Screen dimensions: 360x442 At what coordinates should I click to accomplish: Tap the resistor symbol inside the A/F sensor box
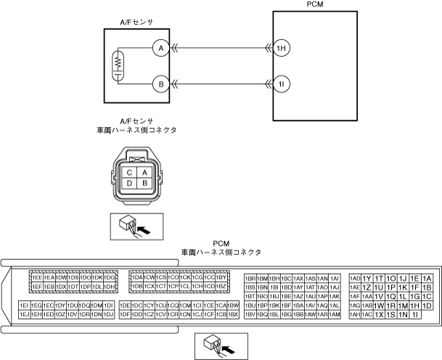click(117, 66)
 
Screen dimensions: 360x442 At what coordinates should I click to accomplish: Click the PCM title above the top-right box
click(315, 5)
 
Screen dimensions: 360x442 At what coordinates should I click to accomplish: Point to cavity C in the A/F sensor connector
click(129, 171)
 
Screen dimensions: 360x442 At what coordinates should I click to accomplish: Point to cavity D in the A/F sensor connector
click(129, 184)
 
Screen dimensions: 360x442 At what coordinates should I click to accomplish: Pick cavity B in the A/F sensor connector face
click(145, 184)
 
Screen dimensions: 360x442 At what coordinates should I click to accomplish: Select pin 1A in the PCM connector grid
click(427, 278)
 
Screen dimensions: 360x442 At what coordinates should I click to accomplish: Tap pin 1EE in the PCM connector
click(37, 277)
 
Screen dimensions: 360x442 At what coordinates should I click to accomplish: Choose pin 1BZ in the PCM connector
click(222, 287)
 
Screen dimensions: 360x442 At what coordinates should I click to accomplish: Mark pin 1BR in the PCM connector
click(250, 278)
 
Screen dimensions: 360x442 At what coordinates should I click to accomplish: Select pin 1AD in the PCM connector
click(355, 278)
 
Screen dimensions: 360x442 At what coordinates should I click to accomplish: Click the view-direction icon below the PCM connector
click(219, 346)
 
